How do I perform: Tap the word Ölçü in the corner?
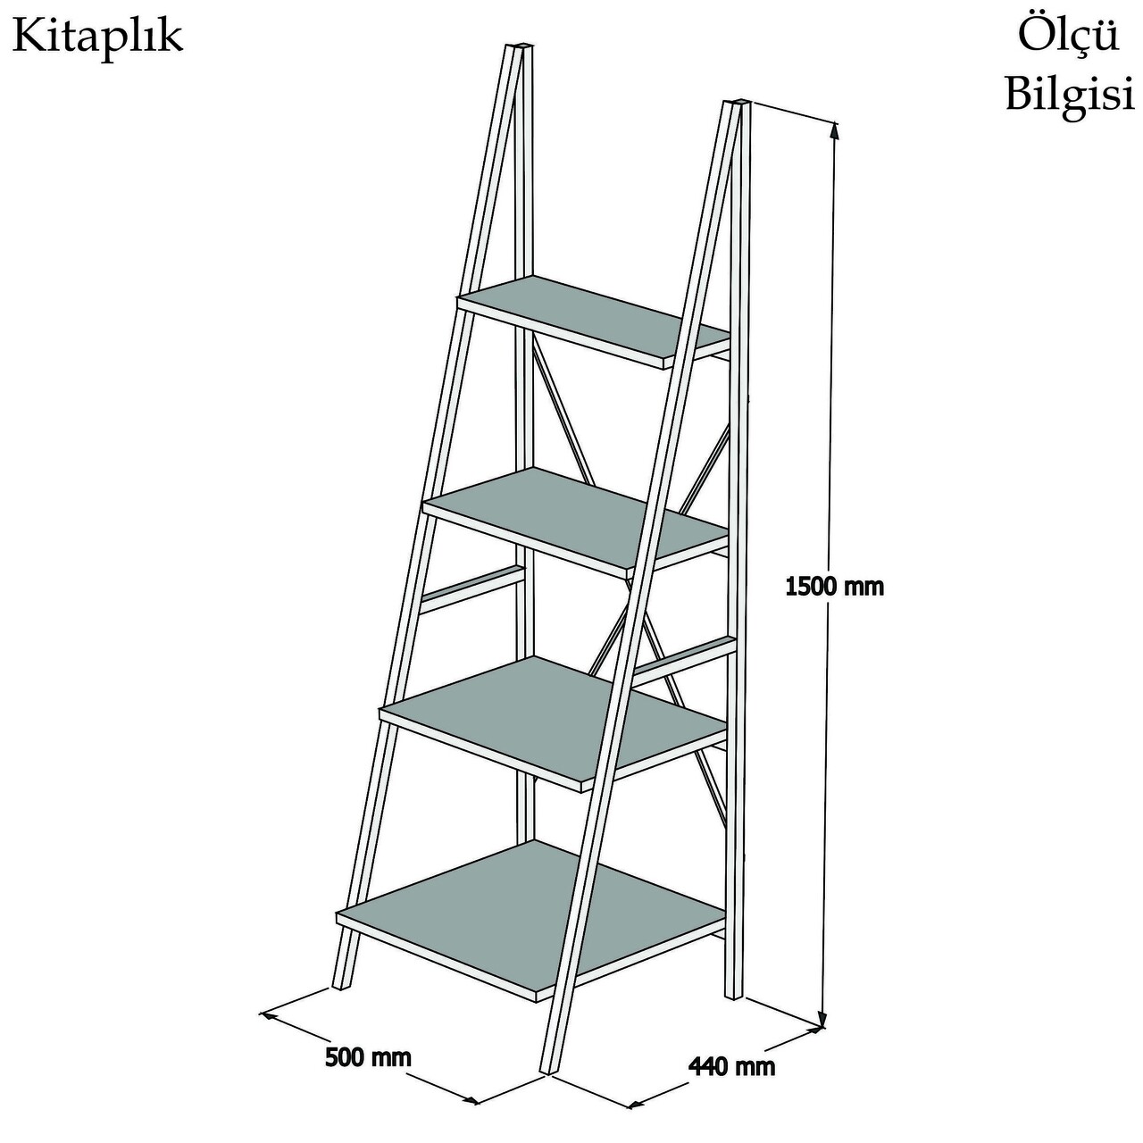click(x=1068, y=35)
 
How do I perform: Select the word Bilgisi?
click(x=1070, y=95)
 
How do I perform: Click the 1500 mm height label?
click(x=834, y=588)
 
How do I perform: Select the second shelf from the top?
click(x=575, y=517)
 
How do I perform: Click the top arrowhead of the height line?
click(x=835, y=129)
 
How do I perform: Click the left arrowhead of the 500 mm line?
click(x=268, y=1015)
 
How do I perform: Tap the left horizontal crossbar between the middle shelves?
click(x=472, y=589)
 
